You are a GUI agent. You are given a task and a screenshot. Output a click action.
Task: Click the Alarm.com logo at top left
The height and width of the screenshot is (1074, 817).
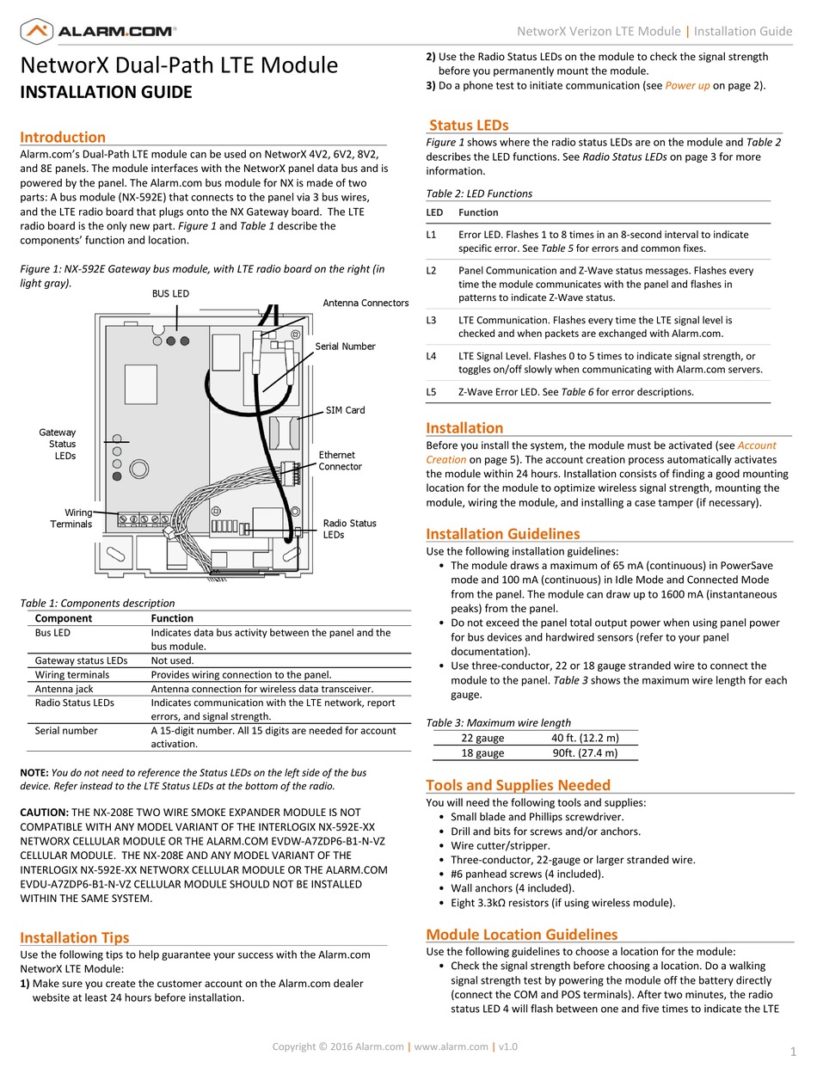coord(98,32)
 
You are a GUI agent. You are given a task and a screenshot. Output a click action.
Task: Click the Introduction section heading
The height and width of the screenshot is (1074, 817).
coord(63,138)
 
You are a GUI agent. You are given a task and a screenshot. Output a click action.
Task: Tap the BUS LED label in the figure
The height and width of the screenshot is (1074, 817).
coord(170,294)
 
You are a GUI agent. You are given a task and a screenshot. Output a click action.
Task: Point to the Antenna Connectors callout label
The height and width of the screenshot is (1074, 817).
coord(365,303)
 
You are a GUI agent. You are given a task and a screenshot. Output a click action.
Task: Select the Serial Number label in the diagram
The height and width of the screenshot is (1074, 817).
coord(345,347)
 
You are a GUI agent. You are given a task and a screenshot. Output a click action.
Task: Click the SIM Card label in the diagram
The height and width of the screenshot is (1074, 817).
coord(345,410)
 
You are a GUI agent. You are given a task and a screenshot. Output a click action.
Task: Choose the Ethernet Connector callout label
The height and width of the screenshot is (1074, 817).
coord(340,461)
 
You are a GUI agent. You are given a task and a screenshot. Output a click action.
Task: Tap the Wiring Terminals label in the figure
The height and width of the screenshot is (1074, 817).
coord(72,519)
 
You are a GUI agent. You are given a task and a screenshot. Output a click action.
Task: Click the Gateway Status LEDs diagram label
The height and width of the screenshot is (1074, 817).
coord(58,444)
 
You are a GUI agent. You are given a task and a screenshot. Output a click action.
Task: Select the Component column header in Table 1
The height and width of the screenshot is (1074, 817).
coord(64,618)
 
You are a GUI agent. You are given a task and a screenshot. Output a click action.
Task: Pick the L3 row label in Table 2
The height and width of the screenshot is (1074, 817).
coord(432,320)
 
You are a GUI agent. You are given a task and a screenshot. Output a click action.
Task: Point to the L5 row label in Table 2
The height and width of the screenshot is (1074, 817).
coord(432,392)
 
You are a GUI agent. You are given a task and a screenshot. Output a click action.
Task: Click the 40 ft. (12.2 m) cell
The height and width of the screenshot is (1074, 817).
coord(585,738)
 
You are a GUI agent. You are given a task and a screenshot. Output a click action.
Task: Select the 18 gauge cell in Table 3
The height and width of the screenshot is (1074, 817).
coord(482,753)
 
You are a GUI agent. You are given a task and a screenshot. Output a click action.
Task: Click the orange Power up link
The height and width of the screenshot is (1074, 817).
coord(687,86)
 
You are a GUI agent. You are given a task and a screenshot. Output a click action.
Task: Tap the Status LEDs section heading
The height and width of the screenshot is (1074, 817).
coord(469,126)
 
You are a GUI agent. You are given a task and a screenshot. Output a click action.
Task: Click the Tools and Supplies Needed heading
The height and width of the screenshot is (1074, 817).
coord(518,785)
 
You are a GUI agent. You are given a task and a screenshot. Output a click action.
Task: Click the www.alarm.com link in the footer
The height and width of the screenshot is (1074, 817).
coord(451,1046)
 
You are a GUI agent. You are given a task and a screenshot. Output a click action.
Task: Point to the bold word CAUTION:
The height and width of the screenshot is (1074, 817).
coord(44,813)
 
